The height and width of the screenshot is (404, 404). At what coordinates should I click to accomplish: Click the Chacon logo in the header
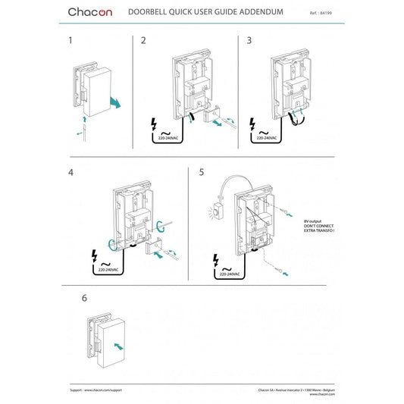click(x=89, y=12)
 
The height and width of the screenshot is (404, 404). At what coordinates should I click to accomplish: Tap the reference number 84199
click(x=327, y=14)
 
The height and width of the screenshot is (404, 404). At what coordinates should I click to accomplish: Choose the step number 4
click(x=70, y=172)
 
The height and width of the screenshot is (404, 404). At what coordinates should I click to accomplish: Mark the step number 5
click(x=202, y=172)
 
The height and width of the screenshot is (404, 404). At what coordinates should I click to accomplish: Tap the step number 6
click(x=83, y=298)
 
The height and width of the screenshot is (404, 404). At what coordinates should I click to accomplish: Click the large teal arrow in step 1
click(x=114, y=102)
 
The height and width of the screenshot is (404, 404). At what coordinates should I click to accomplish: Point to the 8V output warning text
click(x=318, y=225)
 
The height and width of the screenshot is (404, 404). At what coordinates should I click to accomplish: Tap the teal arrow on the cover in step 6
click(x=116, y=345)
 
